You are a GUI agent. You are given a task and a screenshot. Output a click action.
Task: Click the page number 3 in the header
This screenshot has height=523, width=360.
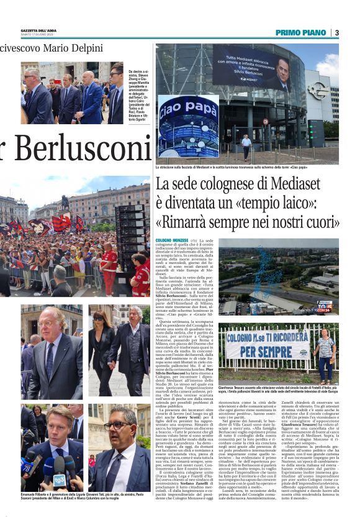tap(337, 32)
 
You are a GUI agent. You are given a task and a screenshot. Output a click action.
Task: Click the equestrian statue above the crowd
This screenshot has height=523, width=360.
tap(64, 202)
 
